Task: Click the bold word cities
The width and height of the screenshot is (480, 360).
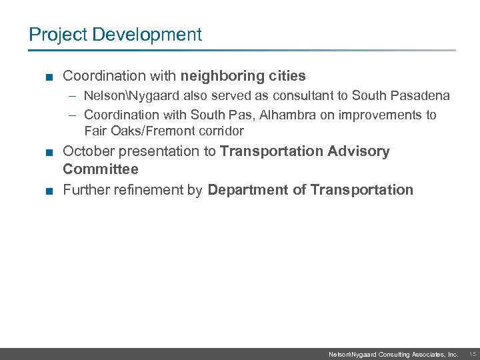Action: (x=287, y=77)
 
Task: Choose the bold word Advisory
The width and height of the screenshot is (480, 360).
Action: (x=359, y=151)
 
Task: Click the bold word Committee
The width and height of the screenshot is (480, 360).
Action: (x=101, y=169)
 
